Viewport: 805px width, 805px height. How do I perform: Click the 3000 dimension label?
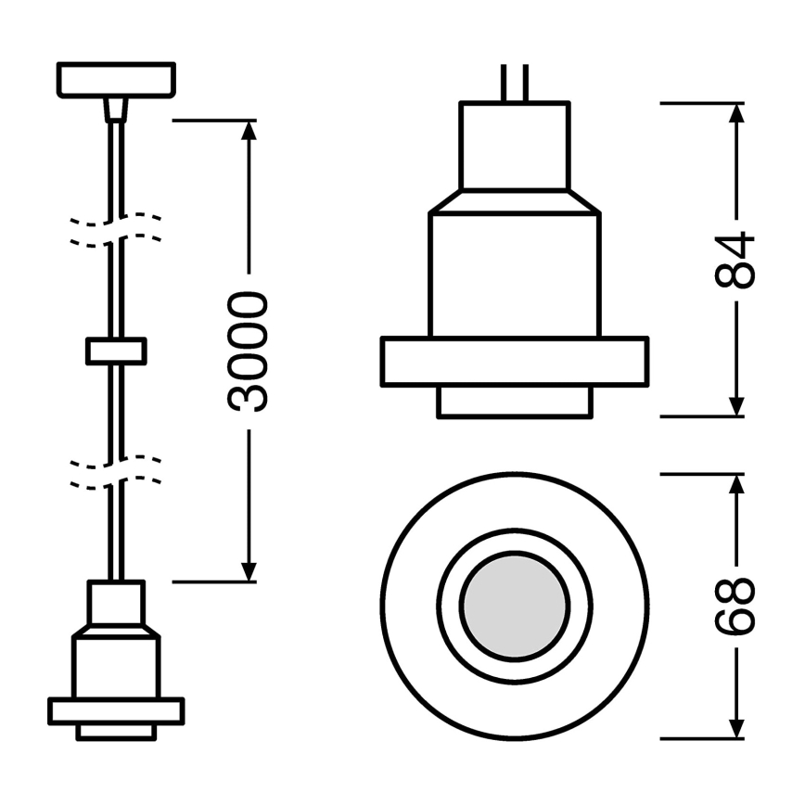[x=249, y=351]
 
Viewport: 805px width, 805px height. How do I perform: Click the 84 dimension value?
[x=737, y=261]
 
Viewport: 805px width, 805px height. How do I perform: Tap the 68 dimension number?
[x=736, y=608]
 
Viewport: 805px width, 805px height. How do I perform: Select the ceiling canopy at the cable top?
[x=116, y=79]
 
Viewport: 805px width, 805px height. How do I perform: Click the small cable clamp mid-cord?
[x=116, y=351]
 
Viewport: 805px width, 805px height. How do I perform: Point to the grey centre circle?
[x=515, y=608]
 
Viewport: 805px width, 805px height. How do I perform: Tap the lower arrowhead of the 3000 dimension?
[x=249, y=571]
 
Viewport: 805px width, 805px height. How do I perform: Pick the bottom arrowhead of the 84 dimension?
[x=736, y=406]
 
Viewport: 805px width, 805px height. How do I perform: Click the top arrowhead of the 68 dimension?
[x=736, y=485]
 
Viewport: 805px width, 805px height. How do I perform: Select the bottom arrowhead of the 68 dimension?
[x=736, y=729]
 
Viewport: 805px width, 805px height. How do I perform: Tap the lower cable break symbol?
[x=116, y=471]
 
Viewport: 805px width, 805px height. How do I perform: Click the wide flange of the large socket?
[x=514, y=362]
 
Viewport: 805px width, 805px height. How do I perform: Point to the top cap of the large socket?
[x=514, y=146]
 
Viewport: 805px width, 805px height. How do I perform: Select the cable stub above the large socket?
[x=515, y=83]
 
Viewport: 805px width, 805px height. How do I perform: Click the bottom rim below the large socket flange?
[x=514, y=402]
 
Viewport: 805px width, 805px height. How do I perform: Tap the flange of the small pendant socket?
[x=116, y=710]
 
